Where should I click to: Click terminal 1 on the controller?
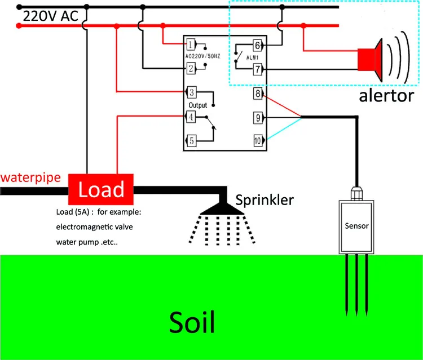(191, 44)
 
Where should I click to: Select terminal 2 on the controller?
(191, 68)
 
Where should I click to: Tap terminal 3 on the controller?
(191, 92)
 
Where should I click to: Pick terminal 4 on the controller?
(191, 117)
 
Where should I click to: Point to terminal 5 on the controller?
(191, 141)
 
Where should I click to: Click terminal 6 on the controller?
(258, 45)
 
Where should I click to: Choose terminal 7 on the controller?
(258, 69)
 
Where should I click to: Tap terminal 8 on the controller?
(258, 93)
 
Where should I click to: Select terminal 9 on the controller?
(258, 118)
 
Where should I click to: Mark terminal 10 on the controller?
(258, 141)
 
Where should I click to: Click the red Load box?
(101, 189)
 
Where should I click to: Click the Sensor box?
(356, 226)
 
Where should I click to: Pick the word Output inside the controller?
(197, 105)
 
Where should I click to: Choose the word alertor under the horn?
(386, 96)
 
